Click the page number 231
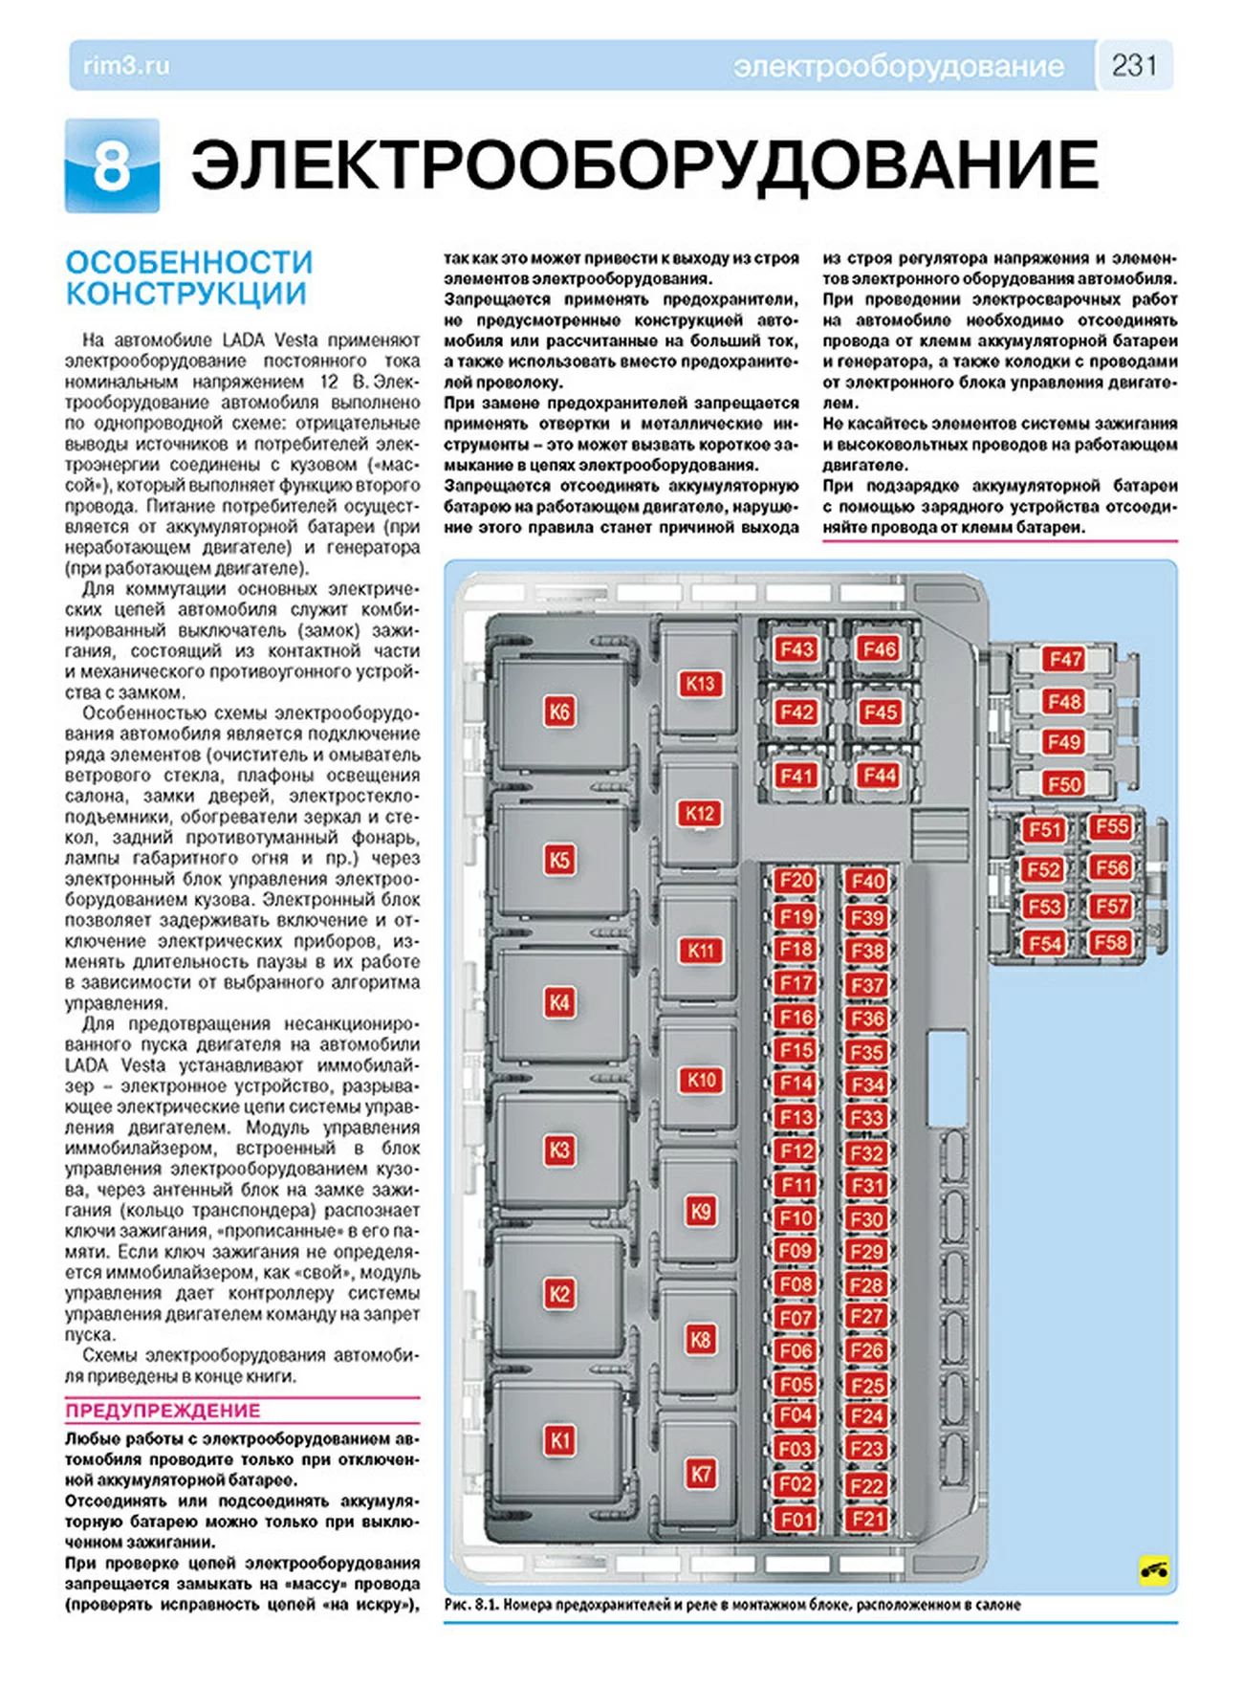[x=1134, y=65]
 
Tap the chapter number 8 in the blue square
[x=112, y=165]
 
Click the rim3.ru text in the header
[x=126, y=66]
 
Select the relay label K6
[x=559, y=712]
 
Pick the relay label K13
[x=700, y=684]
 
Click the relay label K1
[x=559, y=1440]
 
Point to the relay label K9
[x=701, y=1211]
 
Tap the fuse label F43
[x=796, y=650]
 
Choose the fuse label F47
[x=1064, y=659]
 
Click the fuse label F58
[x=1110, y=943]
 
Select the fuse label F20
[x=796, y=881]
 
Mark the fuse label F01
[x=796, y=1519]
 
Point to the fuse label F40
[x=867, y=881]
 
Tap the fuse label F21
[x=867, y=1519]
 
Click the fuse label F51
[x=1044, y=829]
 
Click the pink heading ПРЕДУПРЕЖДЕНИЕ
[x=163, y=1411]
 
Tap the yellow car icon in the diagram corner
[x=1154, y=1569]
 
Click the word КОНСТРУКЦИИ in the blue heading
[x=185, y=294]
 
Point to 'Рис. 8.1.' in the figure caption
[x=470, y=1605]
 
